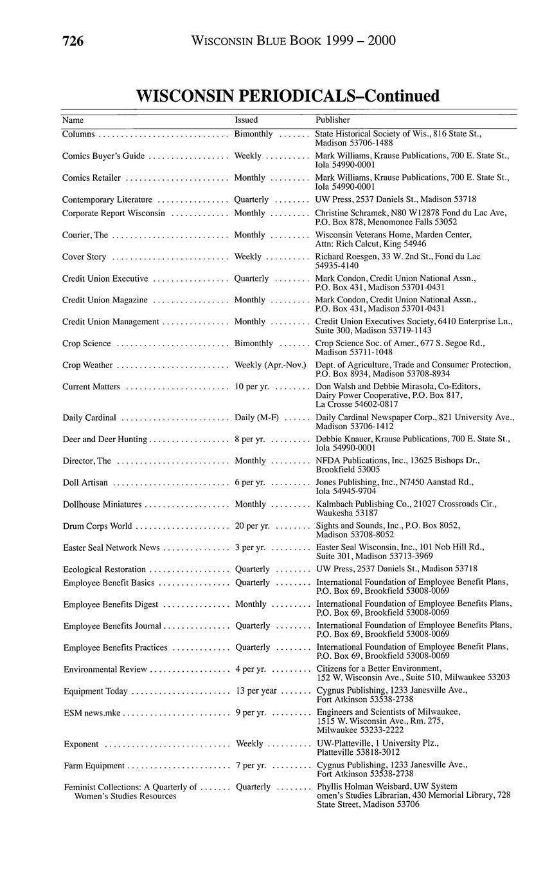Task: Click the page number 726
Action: pyautogui.click(x=73, y=41)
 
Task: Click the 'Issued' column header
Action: pyautogui.click(x=246, y=120)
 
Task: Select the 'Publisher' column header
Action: pyautogui.click(x=332, y=120)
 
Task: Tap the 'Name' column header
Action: pyautogui.click(x=73, y=120)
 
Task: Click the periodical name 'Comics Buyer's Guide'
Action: pyautogui.click(x=103, y=156)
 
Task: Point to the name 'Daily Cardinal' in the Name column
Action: pyautogui.click(x=89, y=418)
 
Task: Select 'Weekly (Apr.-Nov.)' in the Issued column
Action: pyautogui.click(x=270, y=365)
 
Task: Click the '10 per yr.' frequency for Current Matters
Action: pyautogui.click(x=252, y=387)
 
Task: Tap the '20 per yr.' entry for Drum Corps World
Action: pyautogui.click(x=252, y=526)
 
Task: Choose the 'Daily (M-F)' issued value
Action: pyautogui.click(x=256, y=418)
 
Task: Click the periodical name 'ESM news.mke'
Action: pyautogui.click(x=92, y=713)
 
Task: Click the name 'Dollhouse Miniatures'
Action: pyautogui.click(x=102, y=504)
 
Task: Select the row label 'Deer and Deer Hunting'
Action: pyautogui.click(x=105, y=439)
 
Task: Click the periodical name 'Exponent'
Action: pyautogui.click(x=81, y=744)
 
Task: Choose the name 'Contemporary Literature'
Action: pyautogui.click(x=107, y=199)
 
